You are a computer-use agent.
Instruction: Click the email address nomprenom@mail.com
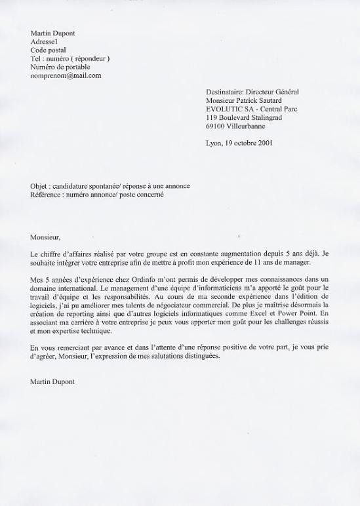pyautogui.click(x=66, y=75)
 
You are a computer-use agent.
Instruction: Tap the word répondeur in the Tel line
pyautogui.click(x=89, y=58)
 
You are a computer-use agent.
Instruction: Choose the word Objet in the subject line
pyautogui.click(x=40, y=185)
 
